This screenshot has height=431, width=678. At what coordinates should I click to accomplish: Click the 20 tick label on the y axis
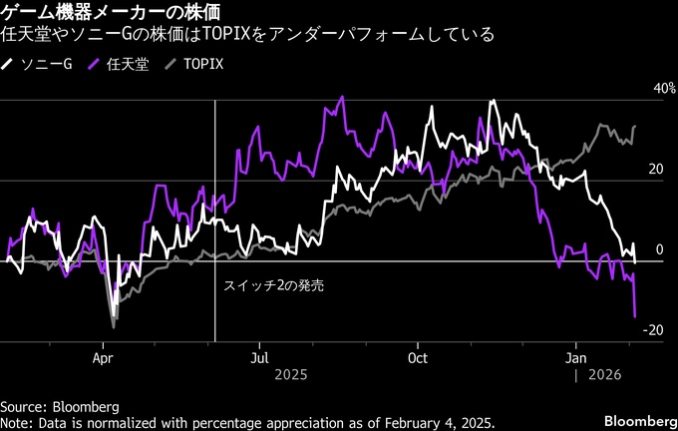655,169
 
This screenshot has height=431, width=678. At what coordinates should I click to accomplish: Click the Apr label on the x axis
104,356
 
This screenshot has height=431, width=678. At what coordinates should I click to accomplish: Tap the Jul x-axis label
260,356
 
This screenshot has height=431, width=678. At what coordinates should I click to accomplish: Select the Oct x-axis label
419,356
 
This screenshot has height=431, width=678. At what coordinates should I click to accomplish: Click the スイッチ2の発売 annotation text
272,284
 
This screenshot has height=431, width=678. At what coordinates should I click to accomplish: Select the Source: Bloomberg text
60,407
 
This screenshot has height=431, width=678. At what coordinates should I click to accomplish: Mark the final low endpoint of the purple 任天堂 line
635,316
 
